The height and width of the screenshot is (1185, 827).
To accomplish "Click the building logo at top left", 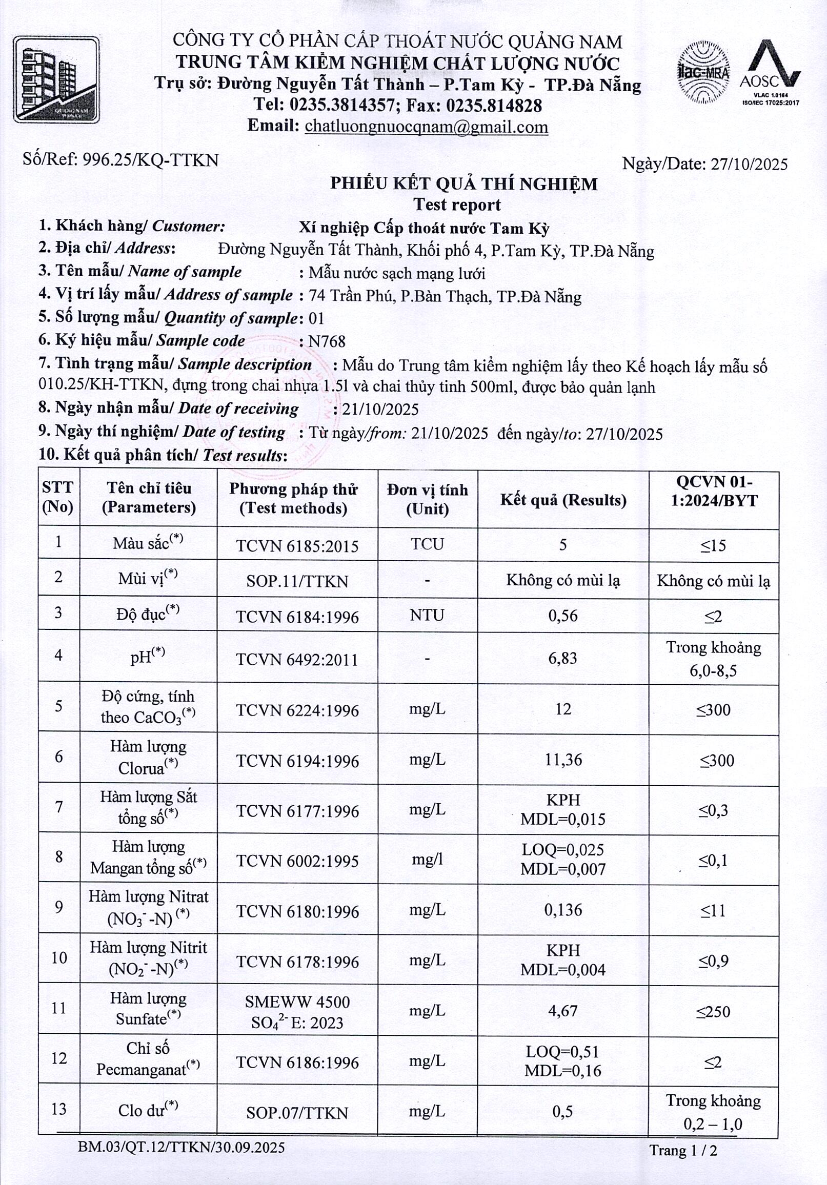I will [x=56, y=79].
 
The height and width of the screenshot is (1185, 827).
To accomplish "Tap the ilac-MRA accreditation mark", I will [x=703, y=72].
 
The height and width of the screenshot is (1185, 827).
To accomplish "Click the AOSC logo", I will [x=770, y=72].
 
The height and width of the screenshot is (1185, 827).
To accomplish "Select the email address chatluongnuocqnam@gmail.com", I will [x=426, y=127].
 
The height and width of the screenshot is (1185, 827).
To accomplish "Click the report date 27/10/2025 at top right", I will [x=749, y=164].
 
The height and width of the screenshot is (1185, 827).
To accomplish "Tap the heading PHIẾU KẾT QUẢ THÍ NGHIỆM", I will [x=463, y=183].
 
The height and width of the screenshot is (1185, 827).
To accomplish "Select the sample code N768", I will [x=326, y=341].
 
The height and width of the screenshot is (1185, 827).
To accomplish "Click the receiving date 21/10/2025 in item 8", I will [x=380, y=410].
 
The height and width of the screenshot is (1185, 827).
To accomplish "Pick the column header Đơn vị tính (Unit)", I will [x=428, y=499].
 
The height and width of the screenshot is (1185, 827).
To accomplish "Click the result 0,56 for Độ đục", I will [x=562, y=616].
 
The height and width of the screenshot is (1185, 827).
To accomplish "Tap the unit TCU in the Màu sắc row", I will [x=427, y=544].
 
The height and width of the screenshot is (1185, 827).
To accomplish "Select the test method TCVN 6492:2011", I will [x=297, y=659].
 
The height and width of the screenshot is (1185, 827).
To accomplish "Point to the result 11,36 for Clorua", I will [x=563, y=760].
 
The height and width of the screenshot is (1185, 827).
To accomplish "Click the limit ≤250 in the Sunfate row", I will [x=713, y=1011].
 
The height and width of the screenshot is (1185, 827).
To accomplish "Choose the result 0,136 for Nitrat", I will [x=562, y=910].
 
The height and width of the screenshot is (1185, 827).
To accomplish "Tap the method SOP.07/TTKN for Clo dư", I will [x=297, y=1113].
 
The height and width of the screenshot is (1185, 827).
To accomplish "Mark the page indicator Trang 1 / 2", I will [x=683, y=1151].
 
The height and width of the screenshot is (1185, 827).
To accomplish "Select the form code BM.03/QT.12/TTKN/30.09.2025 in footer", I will [x=181, y=1147].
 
